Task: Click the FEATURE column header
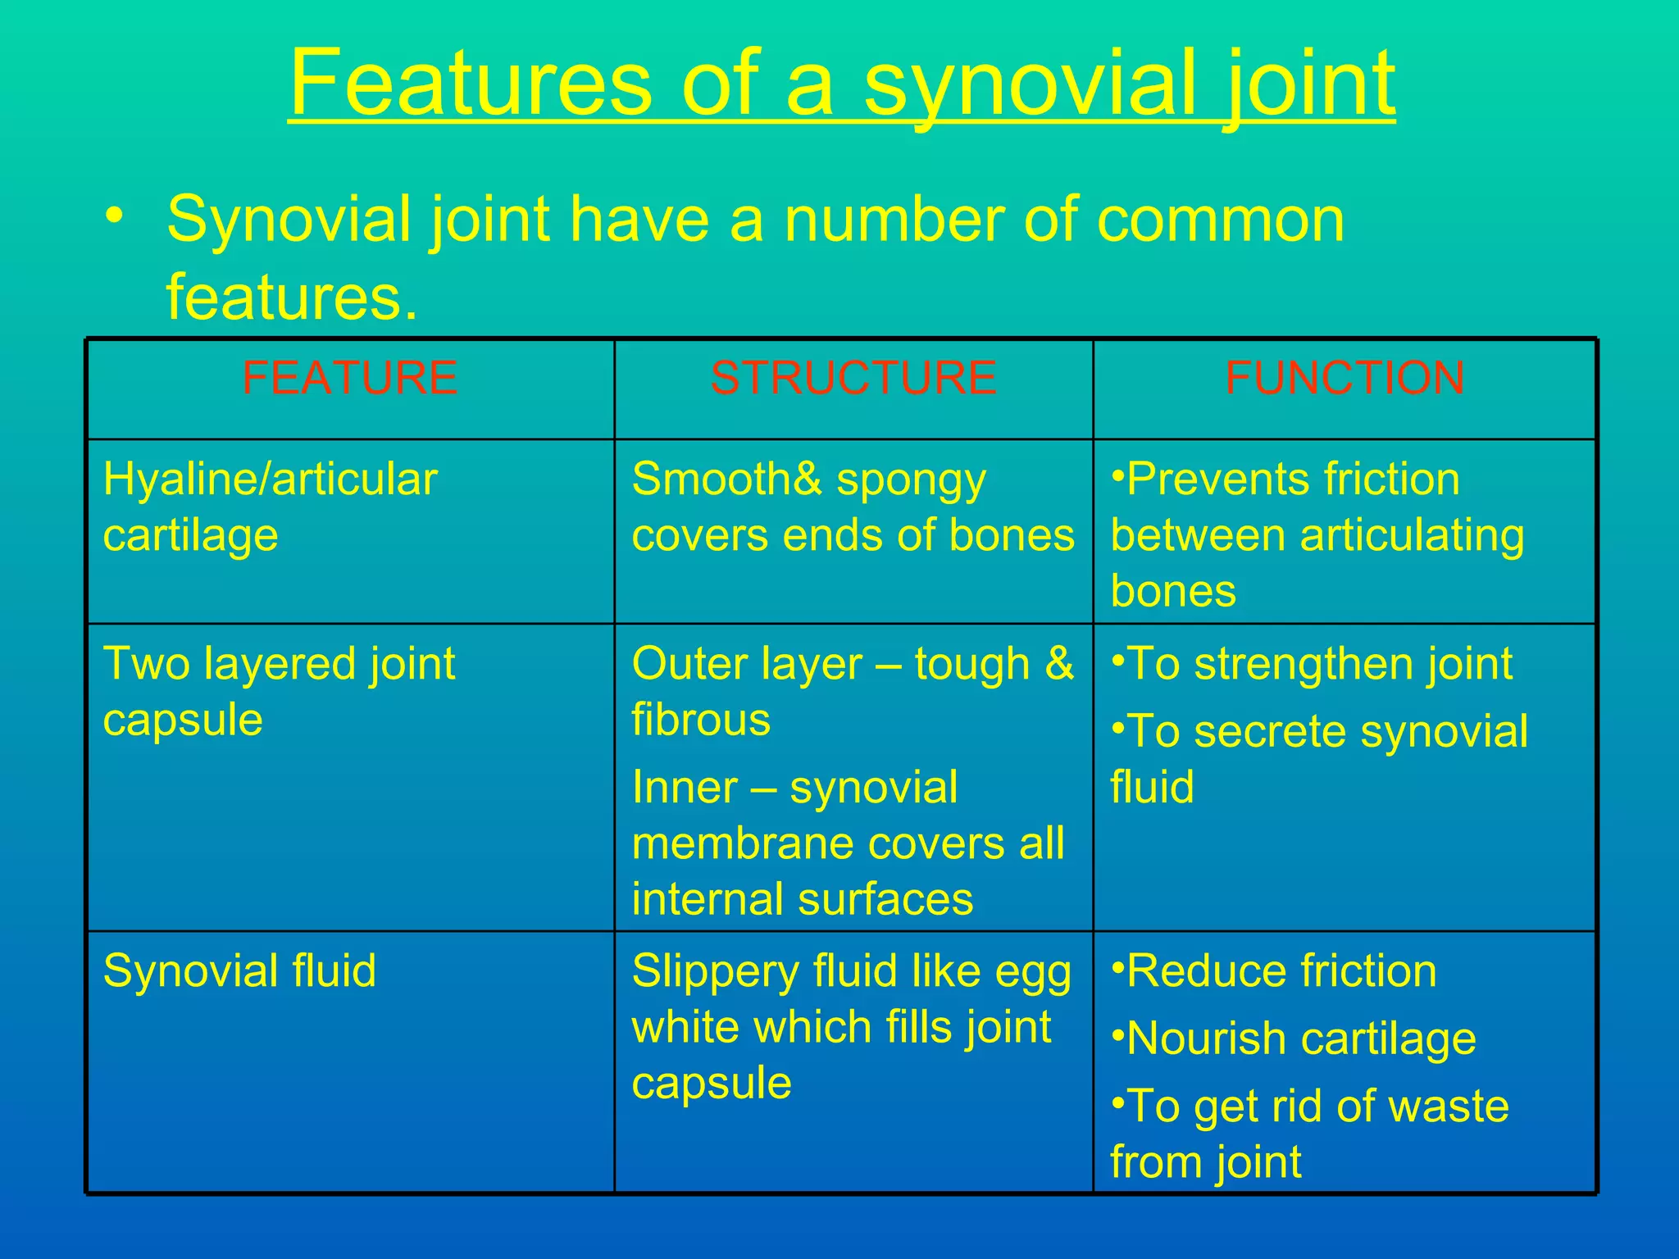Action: click(x=349, y=378)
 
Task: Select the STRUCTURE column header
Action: click(x=853, y=378)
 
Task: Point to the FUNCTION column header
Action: click(x=1345, y=378)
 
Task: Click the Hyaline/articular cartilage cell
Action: click(x=271, y=507)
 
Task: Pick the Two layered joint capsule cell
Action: click(x=279, y=691)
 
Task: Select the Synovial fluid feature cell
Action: click(x=239, y=970)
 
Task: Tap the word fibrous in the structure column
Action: click(x=701, y=720)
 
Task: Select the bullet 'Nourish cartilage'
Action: click(x=1294, y=1039)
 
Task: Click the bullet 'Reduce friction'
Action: click(x=1274, y=970)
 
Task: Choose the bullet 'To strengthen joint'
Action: click(x=1312, y=663)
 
